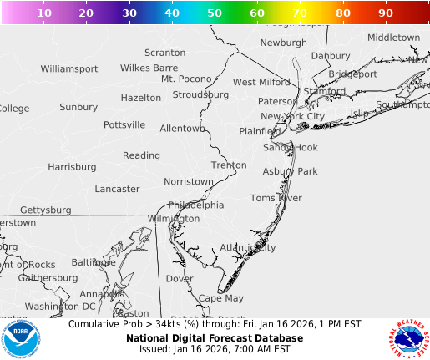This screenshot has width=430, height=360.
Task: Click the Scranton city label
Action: (164, 53)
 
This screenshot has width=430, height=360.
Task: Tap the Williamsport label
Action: (69, 68)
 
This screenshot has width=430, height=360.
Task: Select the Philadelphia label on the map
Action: (196, 205)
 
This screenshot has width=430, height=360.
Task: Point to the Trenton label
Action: (229, 165)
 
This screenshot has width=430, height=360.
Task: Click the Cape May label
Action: (221, 298)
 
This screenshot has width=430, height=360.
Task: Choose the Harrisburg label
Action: (72, 167)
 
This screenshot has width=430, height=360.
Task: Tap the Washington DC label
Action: (60, 307)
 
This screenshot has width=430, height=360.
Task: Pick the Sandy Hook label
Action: (291, 147)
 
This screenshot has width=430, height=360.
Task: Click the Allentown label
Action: (182, 129)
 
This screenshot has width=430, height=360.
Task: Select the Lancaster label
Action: (118, 189)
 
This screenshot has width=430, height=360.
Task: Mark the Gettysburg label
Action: (46, 210)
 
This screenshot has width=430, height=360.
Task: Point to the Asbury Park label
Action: (291, 171)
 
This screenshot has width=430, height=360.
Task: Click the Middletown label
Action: (393, 38)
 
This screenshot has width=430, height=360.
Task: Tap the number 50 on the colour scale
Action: (215, 13)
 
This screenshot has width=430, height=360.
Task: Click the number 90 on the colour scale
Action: (386, 13)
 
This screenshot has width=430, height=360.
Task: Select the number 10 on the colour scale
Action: (43, 13)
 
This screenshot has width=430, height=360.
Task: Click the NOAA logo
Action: (21, 339)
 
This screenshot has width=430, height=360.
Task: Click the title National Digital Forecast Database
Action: (215, 338)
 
